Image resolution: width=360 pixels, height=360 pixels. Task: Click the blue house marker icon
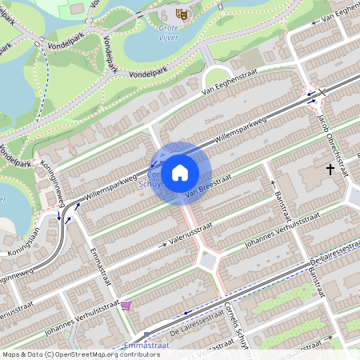(x=180, y=172)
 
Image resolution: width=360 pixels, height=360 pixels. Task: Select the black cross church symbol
(x=330, y=169)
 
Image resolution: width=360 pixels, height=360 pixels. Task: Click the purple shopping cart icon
(x=126, y=306)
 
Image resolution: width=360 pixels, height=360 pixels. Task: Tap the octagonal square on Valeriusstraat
(x=210, y=259)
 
